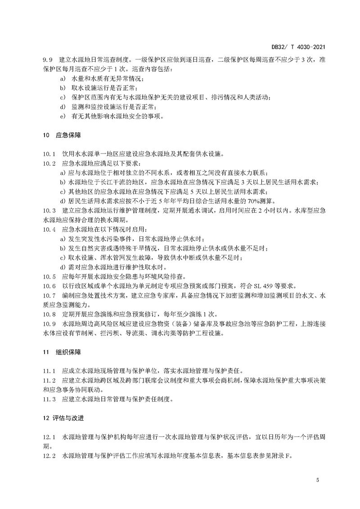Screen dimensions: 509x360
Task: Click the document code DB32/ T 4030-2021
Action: [x=298, y=46]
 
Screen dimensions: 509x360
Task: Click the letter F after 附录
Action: [x=289, y=456]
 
